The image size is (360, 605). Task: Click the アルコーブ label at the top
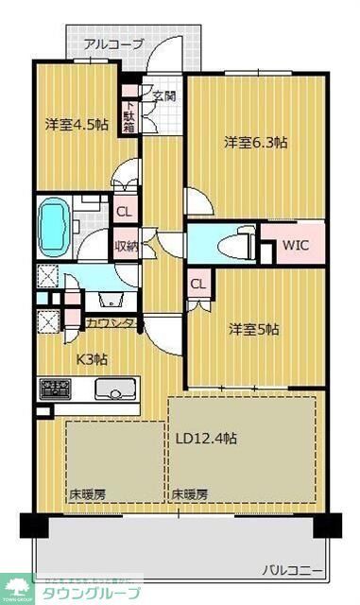point(113,44)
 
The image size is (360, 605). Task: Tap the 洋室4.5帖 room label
point(77,124)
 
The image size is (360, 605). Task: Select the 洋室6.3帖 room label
point(256,143)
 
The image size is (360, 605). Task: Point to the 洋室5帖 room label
point(255,329)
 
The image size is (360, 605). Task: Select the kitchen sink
point(115,388)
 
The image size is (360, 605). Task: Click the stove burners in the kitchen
point(56,388)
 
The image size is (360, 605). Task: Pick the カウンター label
point(114,323)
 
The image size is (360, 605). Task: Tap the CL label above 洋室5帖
point(198,284)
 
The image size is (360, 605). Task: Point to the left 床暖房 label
point(86,493)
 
